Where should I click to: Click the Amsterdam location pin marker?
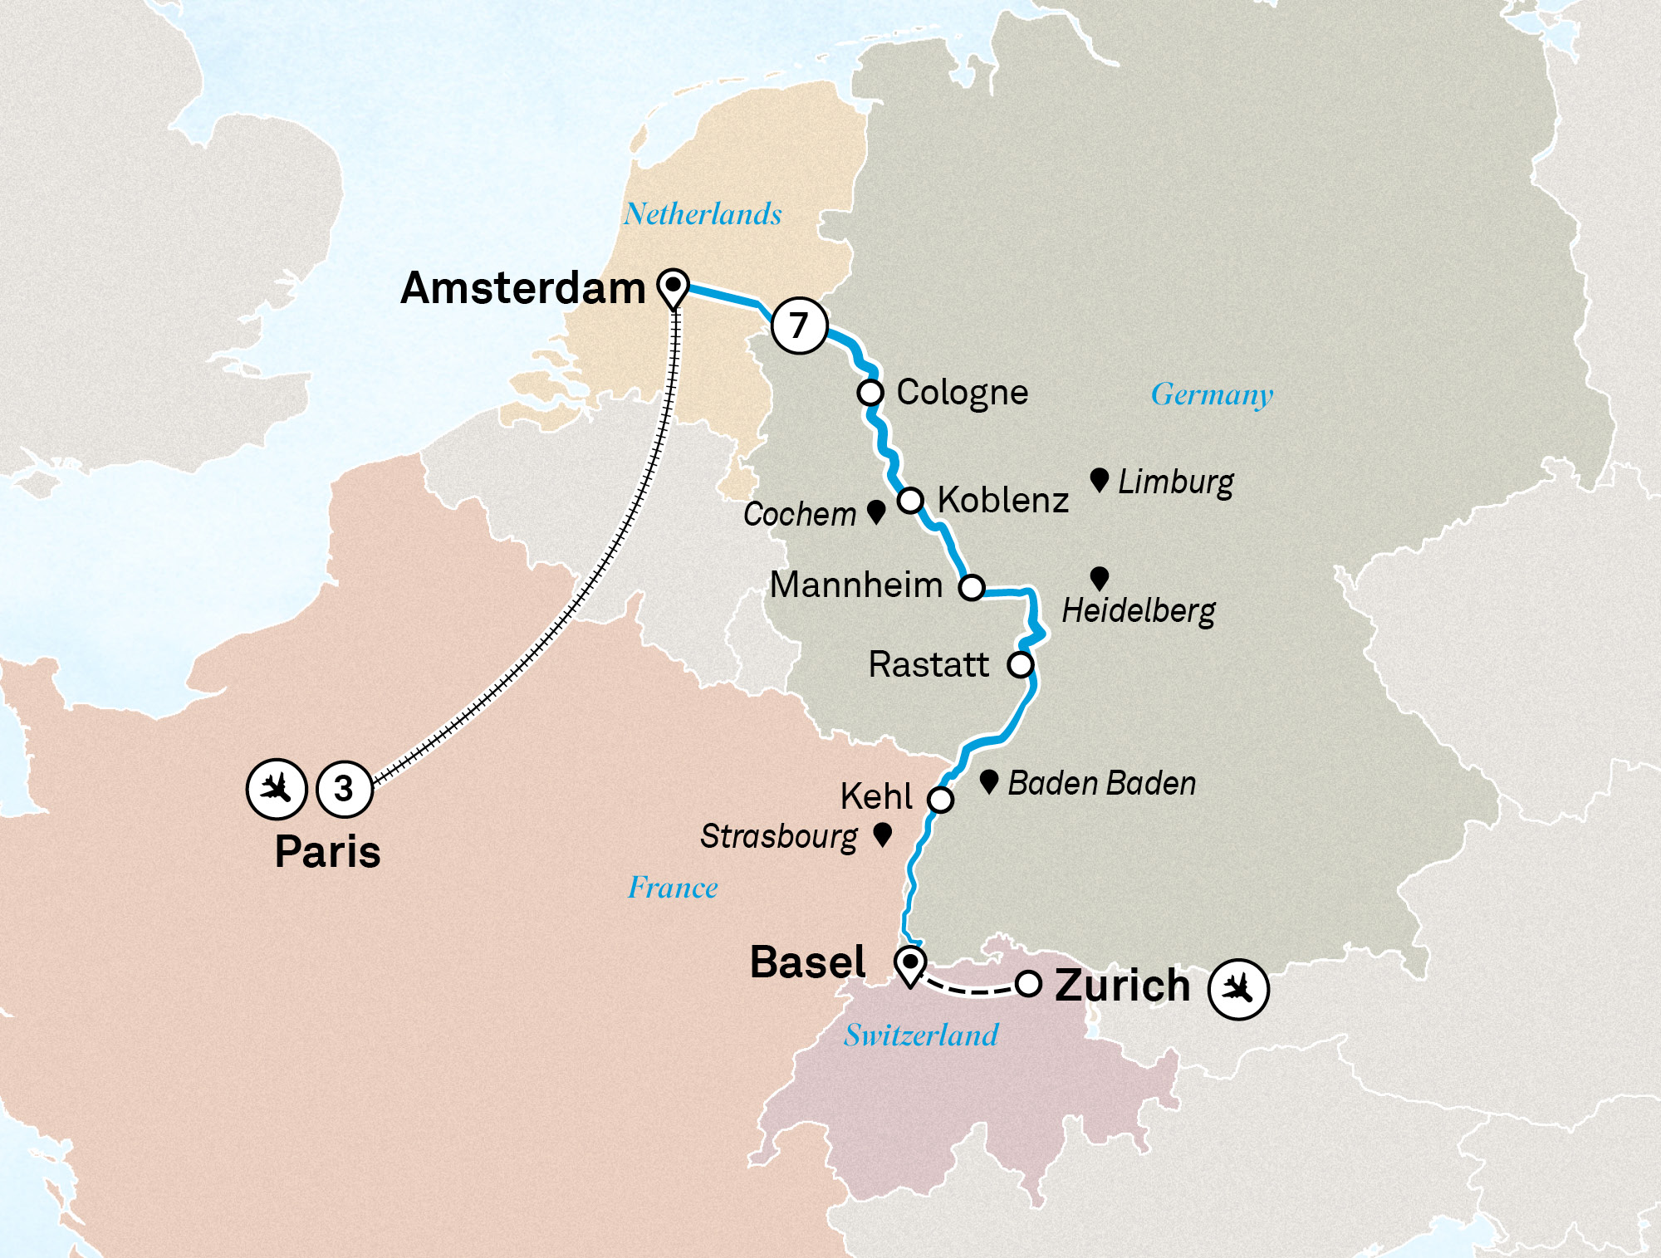(673, 287)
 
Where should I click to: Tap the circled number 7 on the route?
(799, 326)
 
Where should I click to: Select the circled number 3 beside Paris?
(344, 789)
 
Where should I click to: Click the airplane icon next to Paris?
(277, 788)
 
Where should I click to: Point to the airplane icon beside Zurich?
(1238, 989)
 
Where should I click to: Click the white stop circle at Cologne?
(870, 392)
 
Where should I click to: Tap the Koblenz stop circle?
(911, 501)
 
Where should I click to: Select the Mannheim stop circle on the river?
(972, 588)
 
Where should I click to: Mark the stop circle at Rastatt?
(1020, 664)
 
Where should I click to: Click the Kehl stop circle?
(940, 800)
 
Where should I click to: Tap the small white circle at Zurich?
(1028, 984)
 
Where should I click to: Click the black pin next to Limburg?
(1099, 479)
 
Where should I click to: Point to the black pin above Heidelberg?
(1099, 577)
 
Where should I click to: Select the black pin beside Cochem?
(875, 511)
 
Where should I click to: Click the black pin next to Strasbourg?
(883, 834)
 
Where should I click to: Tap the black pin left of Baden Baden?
(988, 781)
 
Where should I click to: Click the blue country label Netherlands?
(703, 214)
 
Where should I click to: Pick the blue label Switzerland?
(921, 1035)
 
